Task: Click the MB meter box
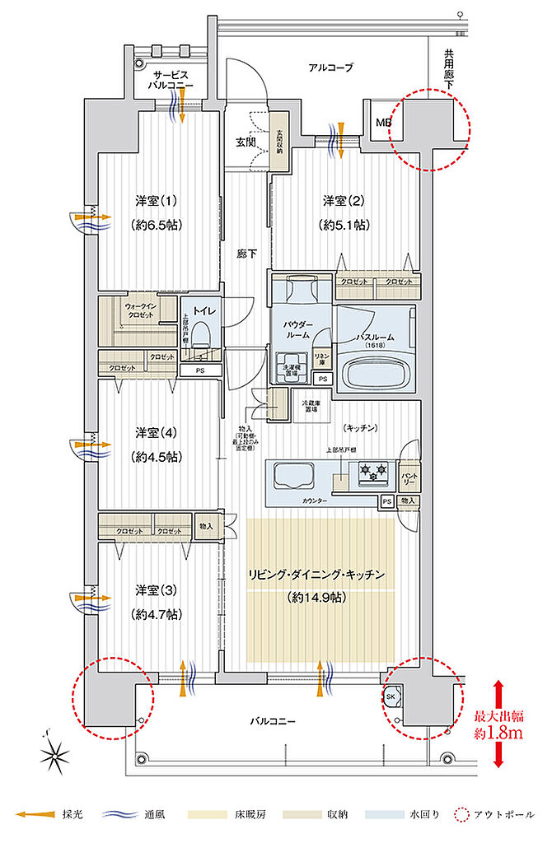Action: (383, 123)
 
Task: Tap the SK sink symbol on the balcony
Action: (391, 696)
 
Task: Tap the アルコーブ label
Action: (330, 68)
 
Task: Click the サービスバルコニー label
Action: (172, 80)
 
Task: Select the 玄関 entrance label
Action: (246, 142)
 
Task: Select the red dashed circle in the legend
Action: (461, 815)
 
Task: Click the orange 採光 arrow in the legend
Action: (38, 815)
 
